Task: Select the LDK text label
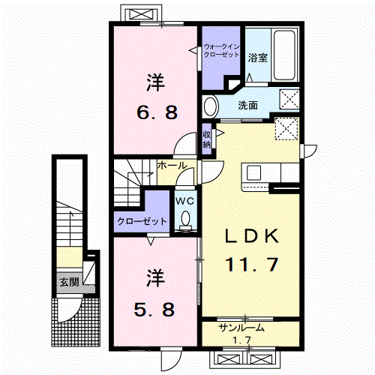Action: [253, 236]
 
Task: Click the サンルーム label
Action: [241, 328]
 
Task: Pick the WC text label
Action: [184, 201]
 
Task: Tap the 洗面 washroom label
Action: [248, 106]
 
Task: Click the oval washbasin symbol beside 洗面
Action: [211, 106]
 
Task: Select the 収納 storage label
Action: [207, 139]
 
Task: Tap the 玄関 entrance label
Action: [69, 281]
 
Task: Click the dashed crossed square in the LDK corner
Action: [285, 129]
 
